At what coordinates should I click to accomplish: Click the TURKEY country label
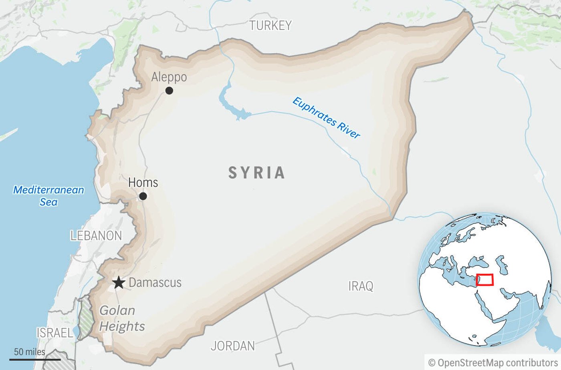(270, 26)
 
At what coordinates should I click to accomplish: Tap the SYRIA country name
(257, 173)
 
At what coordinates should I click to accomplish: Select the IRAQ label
(361, 286)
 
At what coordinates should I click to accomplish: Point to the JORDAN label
(233, 346)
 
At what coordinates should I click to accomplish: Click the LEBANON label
(96, 236)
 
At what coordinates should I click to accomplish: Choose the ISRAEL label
(55, 333)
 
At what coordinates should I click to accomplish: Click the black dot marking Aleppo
(169, 90)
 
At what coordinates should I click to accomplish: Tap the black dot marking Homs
(143, 196)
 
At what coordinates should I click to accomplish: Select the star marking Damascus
(118, 283)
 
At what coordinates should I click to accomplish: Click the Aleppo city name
(169, 77)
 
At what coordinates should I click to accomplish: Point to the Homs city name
(143, 183)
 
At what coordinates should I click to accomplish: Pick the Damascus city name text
(155, 283)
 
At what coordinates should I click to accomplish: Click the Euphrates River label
(326, 118)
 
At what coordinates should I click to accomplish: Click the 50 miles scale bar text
(30, 352)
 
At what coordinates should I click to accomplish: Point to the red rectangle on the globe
(484, 280)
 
